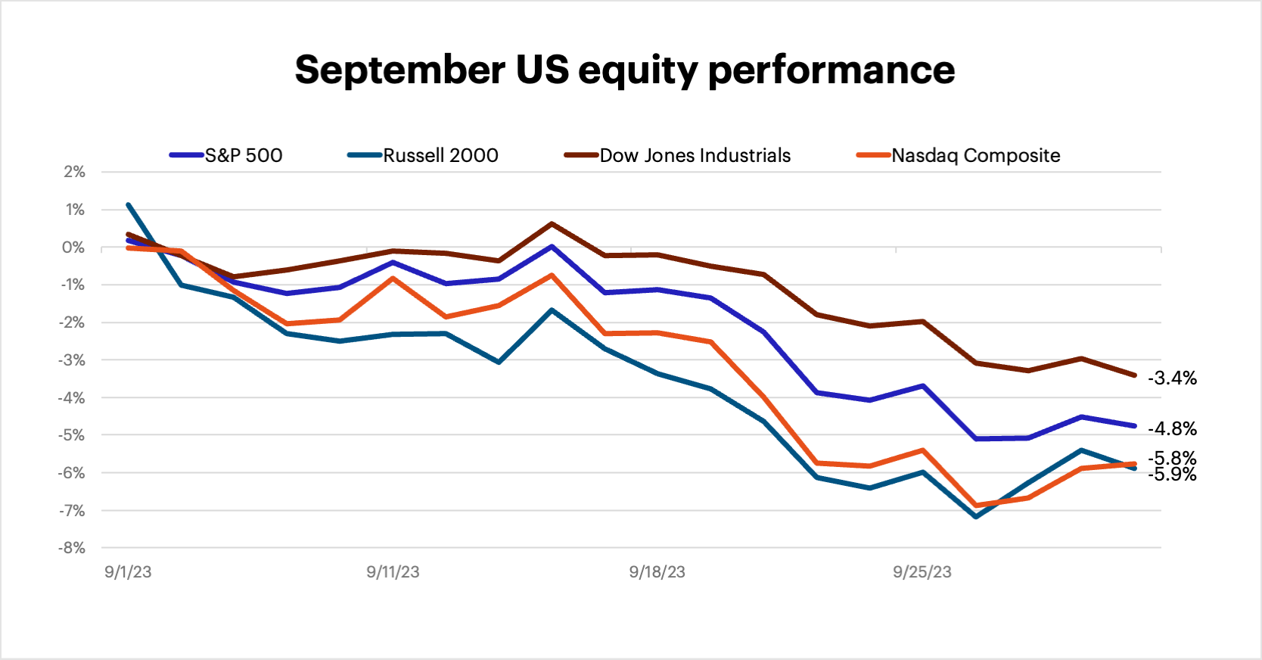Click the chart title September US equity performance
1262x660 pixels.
[x=624, y=70]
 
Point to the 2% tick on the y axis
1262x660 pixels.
[x=74, y=172]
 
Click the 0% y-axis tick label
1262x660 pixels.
[x=73, y=247]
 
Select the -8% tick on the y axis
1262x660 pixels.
[x=72, y=548]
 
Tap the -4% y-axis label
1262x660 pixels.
[x=72, y=397]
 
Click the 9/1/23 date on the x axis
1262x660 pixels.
[x=128, y=572]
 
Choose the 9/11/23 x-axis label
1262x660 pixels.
[x=393, y=572]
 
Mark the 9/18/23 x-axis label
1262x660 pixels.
[x=657, y=572]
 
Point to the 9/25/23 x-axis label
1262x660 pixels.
[x=922, y=572]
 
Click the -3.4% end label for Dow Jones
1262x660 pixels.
[x=1172, y=378]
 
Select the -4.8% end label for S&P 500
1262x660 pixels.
[x=1172, y=428]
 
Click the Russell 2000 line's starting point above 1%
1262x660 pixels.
[x=129, y=204]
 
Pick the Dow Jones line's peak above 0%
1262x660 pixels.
[x=552, y=223]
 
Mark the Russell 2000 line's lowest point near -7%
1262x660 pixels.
[x=975, y=517]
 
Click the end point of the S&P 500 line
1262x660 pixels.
[x=1134, y=425]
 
